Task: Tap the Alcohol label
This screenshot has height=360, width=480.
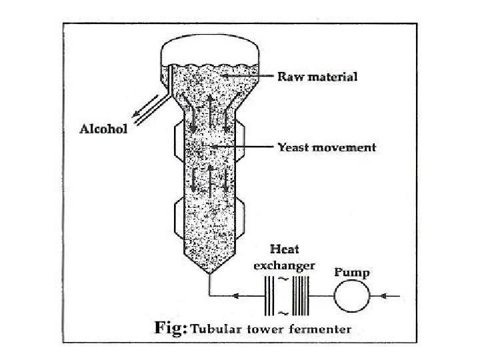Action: [x=103, y=129]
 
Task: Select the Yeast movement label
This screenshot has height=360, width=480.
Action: [x=327, y=147]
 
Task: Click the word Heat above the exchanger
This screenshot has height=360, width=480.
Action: [x=284, y=250]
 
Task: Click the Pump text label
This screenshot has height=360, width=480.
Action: [x=351, y=272]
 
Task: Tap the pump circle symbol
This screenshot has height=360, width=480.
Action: [x=351, y=295]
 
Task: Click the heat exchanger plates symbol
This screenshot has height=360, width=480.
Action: [x=284, y=295]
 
